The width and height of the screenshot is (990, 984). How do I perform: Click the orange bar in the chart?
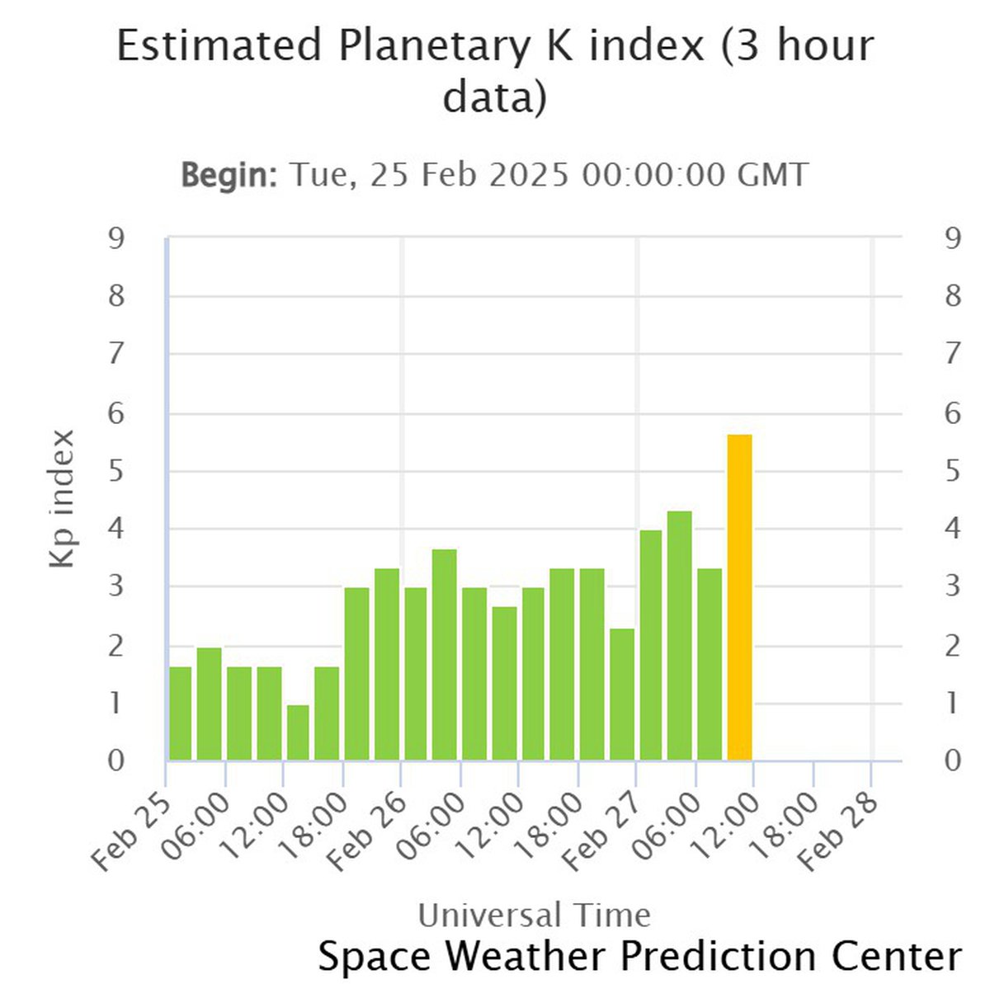coord(739,597)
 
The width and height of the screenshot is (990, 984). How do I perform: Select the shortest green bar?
coord(298,732)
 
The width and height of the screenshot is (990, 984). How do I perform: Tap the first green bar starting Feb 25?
coord(180,713)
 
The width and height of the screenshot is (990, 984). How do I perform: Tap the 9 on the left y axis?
coord(116,239)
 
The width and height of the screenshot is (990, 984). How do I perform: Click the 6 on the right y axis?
coord(953,413)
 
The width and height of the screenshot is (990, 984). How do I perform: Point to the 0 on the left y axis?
coord(116,760)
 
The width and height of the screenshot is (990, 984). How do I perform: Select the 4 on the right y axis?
coord(953,529)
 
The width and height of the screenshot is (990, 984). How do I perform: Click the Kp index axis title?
coord(63,498)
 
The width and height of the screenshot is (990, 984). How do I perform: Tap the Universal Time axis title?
coord(534,915)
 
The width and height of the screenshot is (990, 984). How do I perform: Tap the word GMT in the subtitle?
coord(772,175)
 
